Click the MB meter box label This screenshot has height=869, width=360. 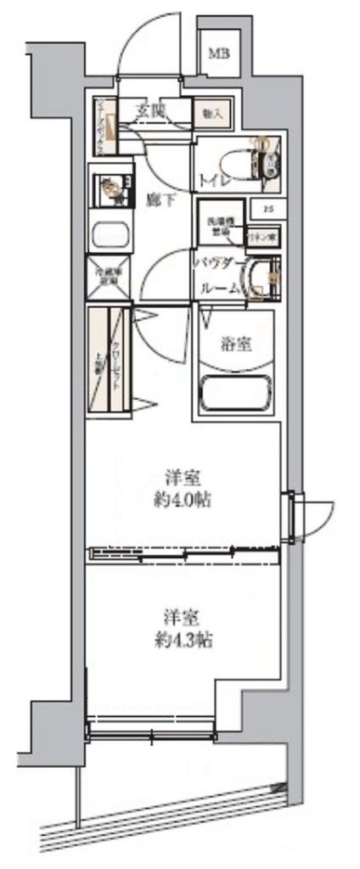point(219,54)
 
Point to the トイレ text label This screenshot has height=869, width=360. point(211,179)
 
